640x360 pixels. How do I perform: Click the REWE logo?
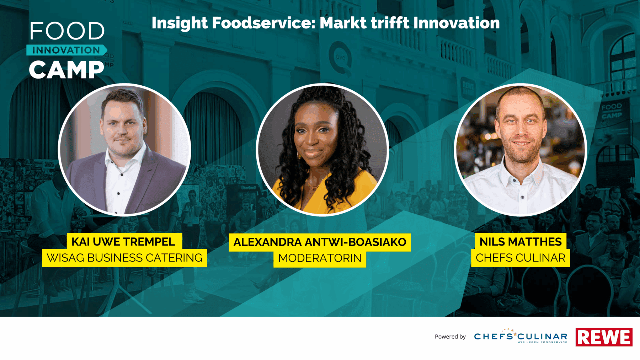tap(604, 337)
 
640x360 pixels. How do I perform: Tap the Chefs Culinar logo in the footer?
tap(521, 336)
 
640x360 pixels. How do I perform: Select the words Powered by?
tap(450, 337)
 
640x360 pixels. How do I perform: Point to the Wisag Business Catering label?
tap(124, 258)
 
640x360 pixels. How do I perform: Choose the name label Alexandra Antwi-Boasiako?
tap(320, 242)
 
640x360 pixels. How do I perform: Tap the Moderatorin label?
tap(320, 258)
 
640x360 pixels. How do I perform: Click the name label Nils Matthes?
tap(521, 242)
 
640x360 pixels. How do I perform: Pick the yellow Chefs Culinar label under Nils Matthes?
tap(521, 258)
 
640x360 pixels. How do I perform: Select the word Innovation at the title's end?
tap(457, 23)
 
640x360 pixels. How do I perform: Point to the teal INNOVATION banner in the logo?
tap(66, 50)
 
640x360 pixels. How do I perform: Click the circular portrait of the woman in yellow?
tap(322, 150)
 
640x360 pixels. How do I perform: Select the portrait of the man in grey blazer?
tap(124, 150)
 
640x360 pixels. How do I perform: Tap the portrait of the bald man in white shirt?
tap(521, 150)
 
